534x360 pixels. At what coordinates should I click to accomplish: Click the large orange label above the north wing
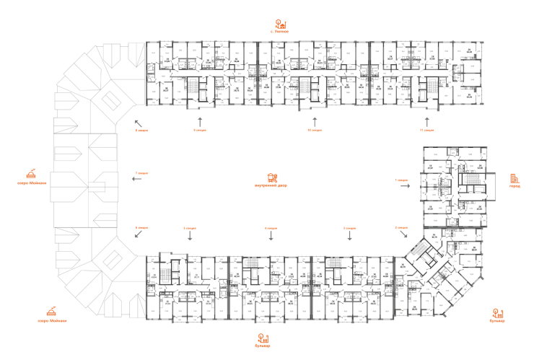pyautogui.click(x=280, y=27)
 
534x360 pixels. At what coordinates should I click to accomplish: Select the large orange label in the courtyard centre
pyautogui.click(x=271, y=180)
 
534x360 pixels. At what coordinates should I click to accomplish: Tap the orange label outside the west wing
pyautogui.click(x=30, y=176)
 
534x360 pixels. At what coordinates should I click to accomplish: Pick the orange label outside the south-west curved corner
pyautogui.click(x=51, y=314)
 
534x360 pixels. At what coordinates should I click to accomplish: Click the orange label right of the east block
pyautogui.click(x=515, y=180)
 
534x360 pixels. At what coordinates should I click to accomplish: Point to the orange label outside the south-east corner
pyautogui.click(x=497, y=315)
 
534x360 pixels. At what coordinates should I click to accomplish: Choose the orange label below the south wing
pyautogui.click(x=263, y=340)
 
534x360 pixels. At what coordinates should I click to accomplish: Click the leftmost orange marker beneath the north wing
pyautogui.click(x=141, y=130)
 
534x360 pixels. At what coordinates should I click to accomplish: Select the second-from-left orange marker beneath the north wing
pyautogui.click(x=200, y=130)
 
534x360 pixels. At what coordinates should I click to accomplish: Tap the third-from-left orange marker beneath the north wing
pyautogui.click(x=314, y=130)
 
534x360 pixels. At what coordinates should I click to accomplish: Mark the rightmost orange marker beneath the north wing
pyautogui.click(x=427, y=130)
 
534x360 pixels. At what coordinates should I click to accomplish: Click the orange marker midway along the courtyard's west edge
pyautogui.click(x=141, y=174)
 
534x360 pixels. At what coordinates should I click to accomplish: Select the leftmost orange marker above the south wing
pyautogui.click(x=141, y=227)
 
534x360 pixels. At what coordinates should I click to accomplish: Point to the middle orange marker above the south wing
pyautogui.click(x=271, y=227)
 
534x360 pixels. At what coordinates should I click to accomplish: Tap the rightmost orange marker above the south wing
pyautogui.click(x=401, y=227)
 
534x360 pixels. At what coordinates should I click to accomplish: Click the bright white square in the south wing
pyautogui.click(x=349, y=263)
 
